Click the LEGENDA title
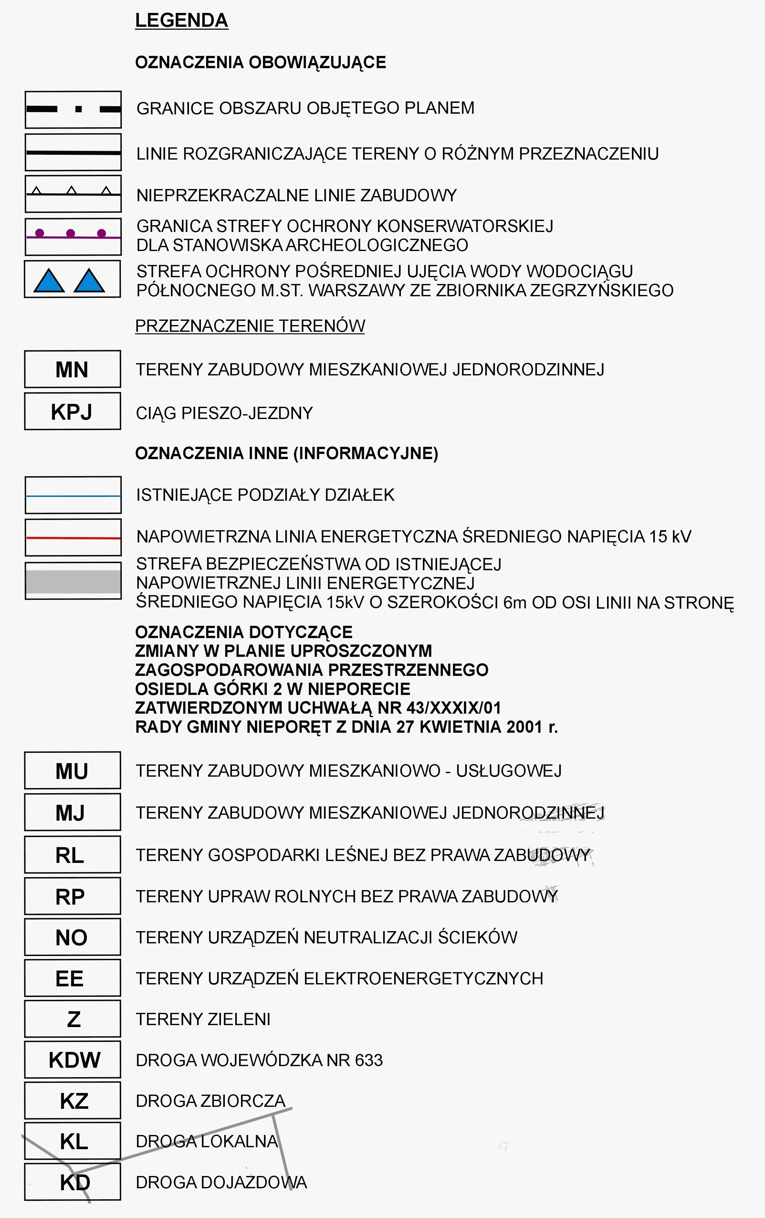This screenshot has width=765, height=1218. pos(182,21)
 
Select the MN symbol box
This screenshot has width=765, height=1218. pos(72,369)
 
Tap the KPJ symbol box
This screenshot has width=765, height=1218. pos(72,412)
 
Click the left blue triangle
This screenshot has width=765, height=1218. pos(49,282)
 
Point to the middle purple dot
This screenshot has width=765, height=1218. pos(70,233)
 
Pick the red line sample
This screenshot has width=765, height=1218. pos(73,538)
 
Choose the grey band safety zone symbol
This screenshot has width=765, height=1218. pos(73,581)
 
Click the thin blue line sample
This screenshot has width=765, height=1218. pos(73,496)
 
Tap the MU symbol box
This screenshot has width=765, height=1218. pos(72,771)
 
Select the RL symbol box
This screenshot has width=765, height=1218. pos(72,855)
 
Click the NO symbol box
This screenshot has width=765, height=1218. pos(72,937)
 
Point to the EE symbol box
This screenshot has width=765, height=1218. pos(72,978)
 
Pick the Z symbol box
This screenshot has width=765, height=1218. pos(72,1019)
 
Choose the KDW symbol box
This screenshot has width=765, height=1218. pos(72,1060)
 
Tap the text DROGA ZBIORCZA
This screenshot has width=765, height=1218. pos(210,1101)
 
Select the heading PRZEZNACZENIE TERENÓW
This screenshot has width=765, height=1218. pos(250,326)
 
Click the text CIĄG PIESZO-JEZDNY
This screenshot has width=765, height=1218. pos(224,413)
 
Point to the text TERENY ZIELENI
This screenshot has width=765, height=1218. pos(203,1019)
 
